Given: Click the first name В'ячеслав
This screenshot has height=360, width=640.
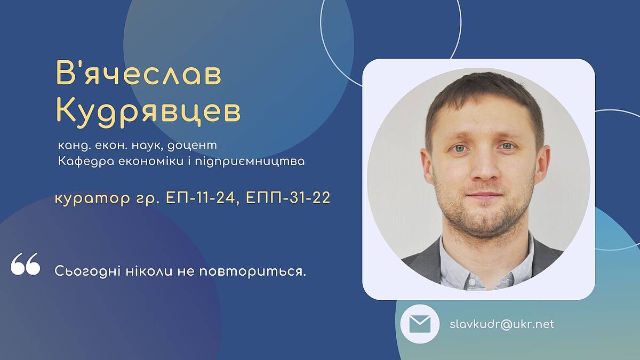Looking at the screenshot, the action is pos(139,73).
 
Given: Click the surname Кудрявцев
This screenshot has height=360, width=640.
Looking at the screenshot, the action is pos(148,112).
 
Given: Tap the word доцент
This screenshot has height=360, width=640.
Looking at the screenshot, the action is pos(192,146).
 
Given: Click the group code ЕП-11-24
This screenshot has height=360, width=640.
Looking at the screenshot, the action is pos(201,198).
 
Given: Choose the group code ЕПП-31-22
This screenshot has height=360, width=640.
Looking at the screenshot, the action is pos(288,198).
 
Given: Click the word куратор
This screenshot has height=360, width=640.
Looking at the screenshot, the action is pos(92,198).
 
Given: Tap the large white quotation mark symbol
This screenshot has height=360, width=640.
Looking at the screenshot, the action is pos(26,263).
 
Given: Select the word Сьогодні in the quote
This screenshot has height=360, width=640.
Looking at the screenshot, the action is pos(87,271).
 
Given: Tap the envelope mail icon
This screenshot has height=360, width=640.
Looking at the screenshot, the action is pos(420,324).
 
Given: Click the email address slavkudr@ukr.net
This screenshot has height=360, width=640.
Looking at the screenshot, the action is pos(502,324).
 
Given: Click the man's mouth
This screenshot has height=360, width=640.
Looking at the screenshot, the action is pos(484,195).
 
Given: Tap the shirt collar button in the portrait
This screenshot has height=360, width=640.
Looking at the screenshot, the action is pos(472,283).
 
